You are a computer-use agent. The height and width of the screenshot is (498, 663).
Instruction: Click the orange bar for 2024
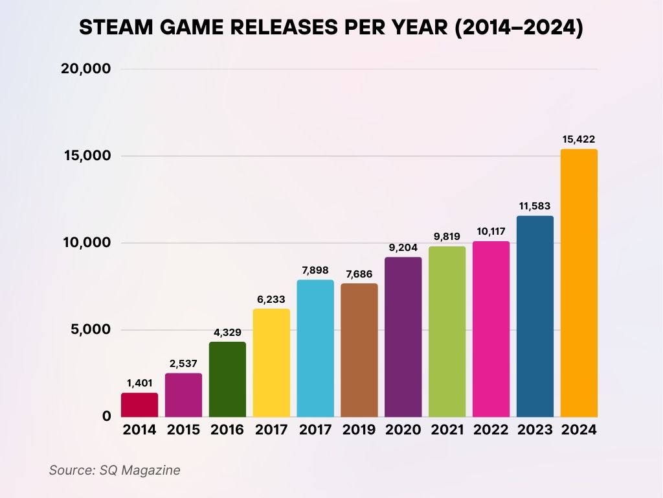tap(579, 283)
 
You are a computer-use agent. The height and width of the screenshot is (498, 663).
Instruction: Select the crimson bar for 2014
tap(139, 405)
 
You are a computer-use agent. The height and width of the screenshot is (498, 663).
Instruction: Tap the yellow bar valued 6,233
tap(271, 363)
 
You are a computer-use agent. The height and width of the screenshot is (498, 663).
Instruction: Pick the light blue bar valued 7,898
tap(315, 348)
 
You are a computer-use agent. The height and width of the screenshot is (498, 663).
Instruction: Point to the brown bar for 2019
tap(359, 350)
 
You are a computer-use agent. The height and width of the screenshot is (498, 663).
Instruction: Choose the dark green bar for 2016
tap(227, 379)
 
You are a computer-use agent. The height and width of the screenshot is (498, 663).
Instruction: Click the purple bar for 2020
tap(403, 337)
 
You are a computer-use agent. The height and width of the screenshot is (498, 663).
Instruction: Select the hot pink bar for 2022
tap(491, 329)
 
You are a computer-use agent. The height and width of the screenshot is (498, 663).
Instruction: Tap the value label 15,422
tap(579, 139)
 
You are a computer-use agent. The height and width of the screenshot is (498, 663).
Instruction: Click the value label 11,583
tap(535, 206)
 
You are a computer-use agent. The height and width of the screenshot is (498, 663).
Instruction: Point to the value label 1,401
tap(139, 383)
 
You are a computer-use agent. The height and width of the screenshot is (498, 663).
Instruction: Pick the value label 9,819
tap(447, 236)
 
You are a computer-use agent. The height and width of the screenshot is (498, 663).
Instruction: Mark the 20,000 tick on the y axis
tap(86, 69)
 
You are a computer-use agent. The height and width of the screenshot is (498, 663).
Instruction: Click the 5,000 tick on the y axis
tap(90, 330)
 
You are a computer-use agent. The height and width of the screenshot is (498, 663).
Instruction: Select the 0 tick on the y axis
tap(106, 416)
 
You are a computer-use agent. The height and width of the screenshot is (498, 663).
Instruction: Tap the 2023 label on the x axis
tap(535, 430)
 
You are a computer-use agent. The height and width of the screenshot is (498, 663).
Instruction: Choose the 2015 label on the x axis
tap(183, 430)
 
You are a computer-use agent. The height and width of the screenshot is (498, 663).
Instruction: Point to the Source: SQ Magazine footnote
tap(115, 470)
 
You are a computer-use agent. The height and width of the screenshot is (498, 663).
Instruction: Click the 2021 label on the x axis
tap(447, 430)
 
